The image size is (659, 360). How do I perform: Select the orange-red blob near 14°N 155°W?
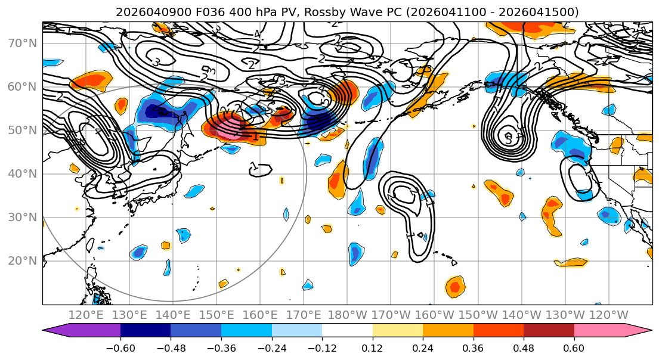[456, 287]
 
